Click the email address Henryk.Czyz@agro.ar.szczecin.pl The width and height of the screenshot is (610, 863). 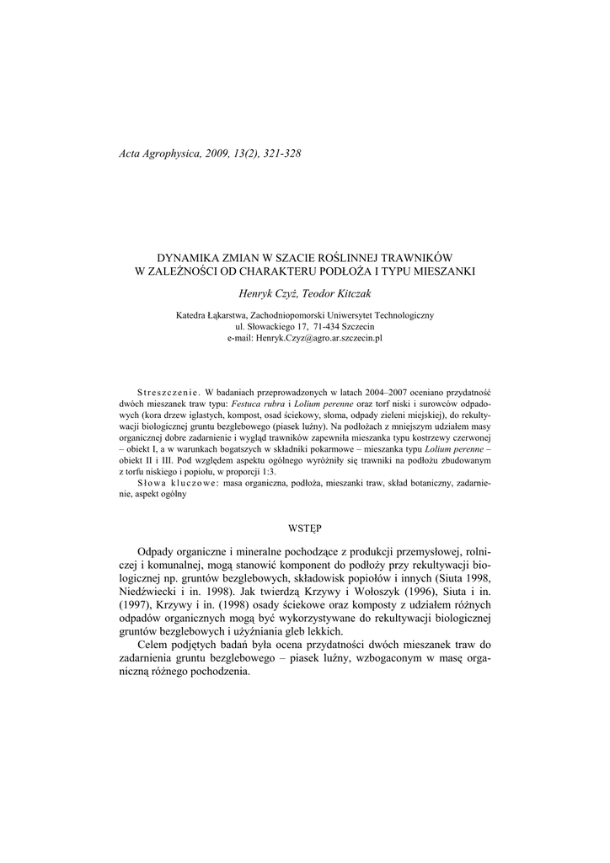tap(305, 337)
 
